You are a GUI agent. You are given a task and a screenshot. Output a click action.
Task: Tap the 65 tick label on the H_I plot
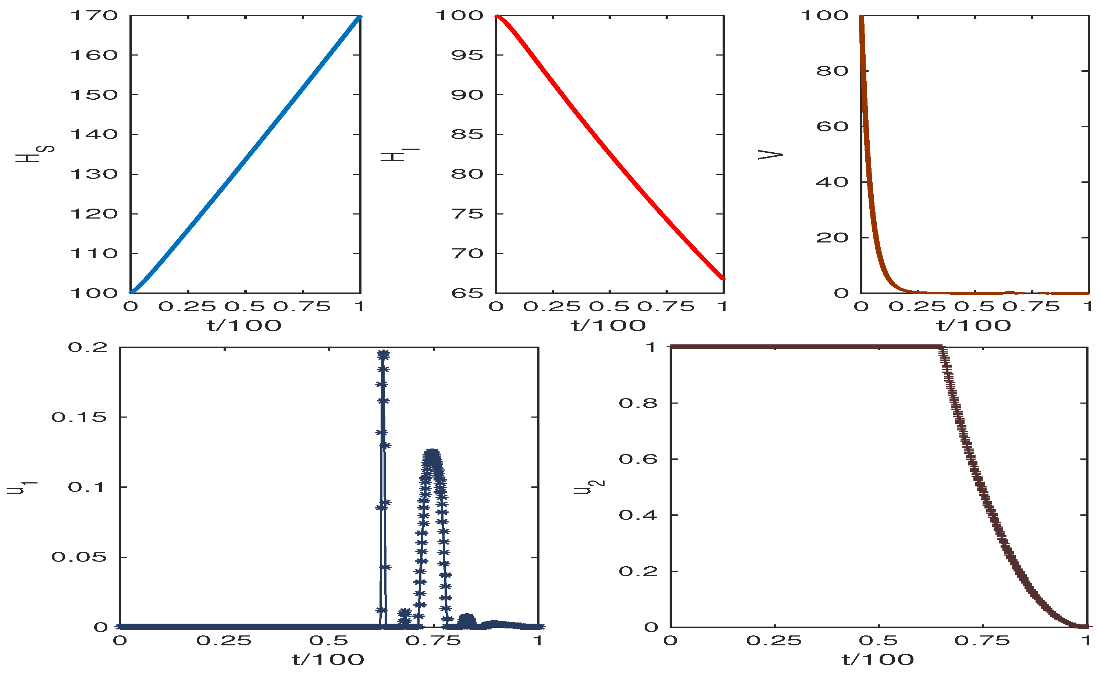467,293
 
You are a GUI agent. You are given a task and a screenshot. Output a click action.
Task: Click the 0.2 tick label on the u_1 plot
88,347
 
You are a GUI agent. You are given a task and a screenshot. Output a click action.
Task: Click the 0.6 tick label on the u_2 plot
638,459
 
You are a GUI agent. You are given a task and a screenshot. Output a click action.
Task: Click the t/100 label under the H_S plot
244,326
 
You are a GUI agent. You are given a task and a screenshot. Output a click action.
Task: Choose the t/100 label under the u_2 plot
878,659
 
